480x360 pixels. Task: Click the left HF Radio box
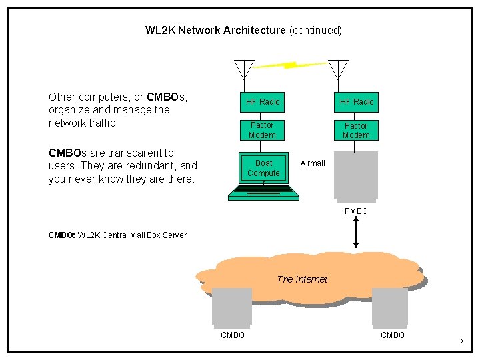263,102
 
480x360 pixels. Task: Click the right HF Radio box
357,102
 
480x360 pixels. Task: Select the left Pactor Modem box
262,130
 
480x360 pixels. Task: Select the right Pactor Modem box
356,130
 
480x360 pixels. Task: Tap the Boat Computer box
263,168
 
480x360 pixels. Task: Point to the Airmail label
313,163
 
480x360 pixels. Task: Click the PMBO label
356,211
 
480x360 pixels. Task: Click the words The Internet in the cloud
302,279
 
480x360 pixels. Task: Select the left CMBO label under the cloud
233,335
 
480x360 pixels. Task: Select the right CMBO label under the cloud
393,335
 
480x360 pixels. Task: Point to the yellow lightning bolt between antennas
291,65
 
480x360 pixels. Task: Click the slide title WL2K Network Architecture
215,31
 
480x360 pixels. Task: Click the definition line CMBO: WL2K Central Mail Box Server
117,235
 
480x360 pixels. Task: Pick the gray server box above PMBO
356,176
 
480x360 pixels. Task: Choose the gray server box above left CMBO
232,307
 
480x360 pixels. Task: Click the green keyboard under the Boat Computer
263,193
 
